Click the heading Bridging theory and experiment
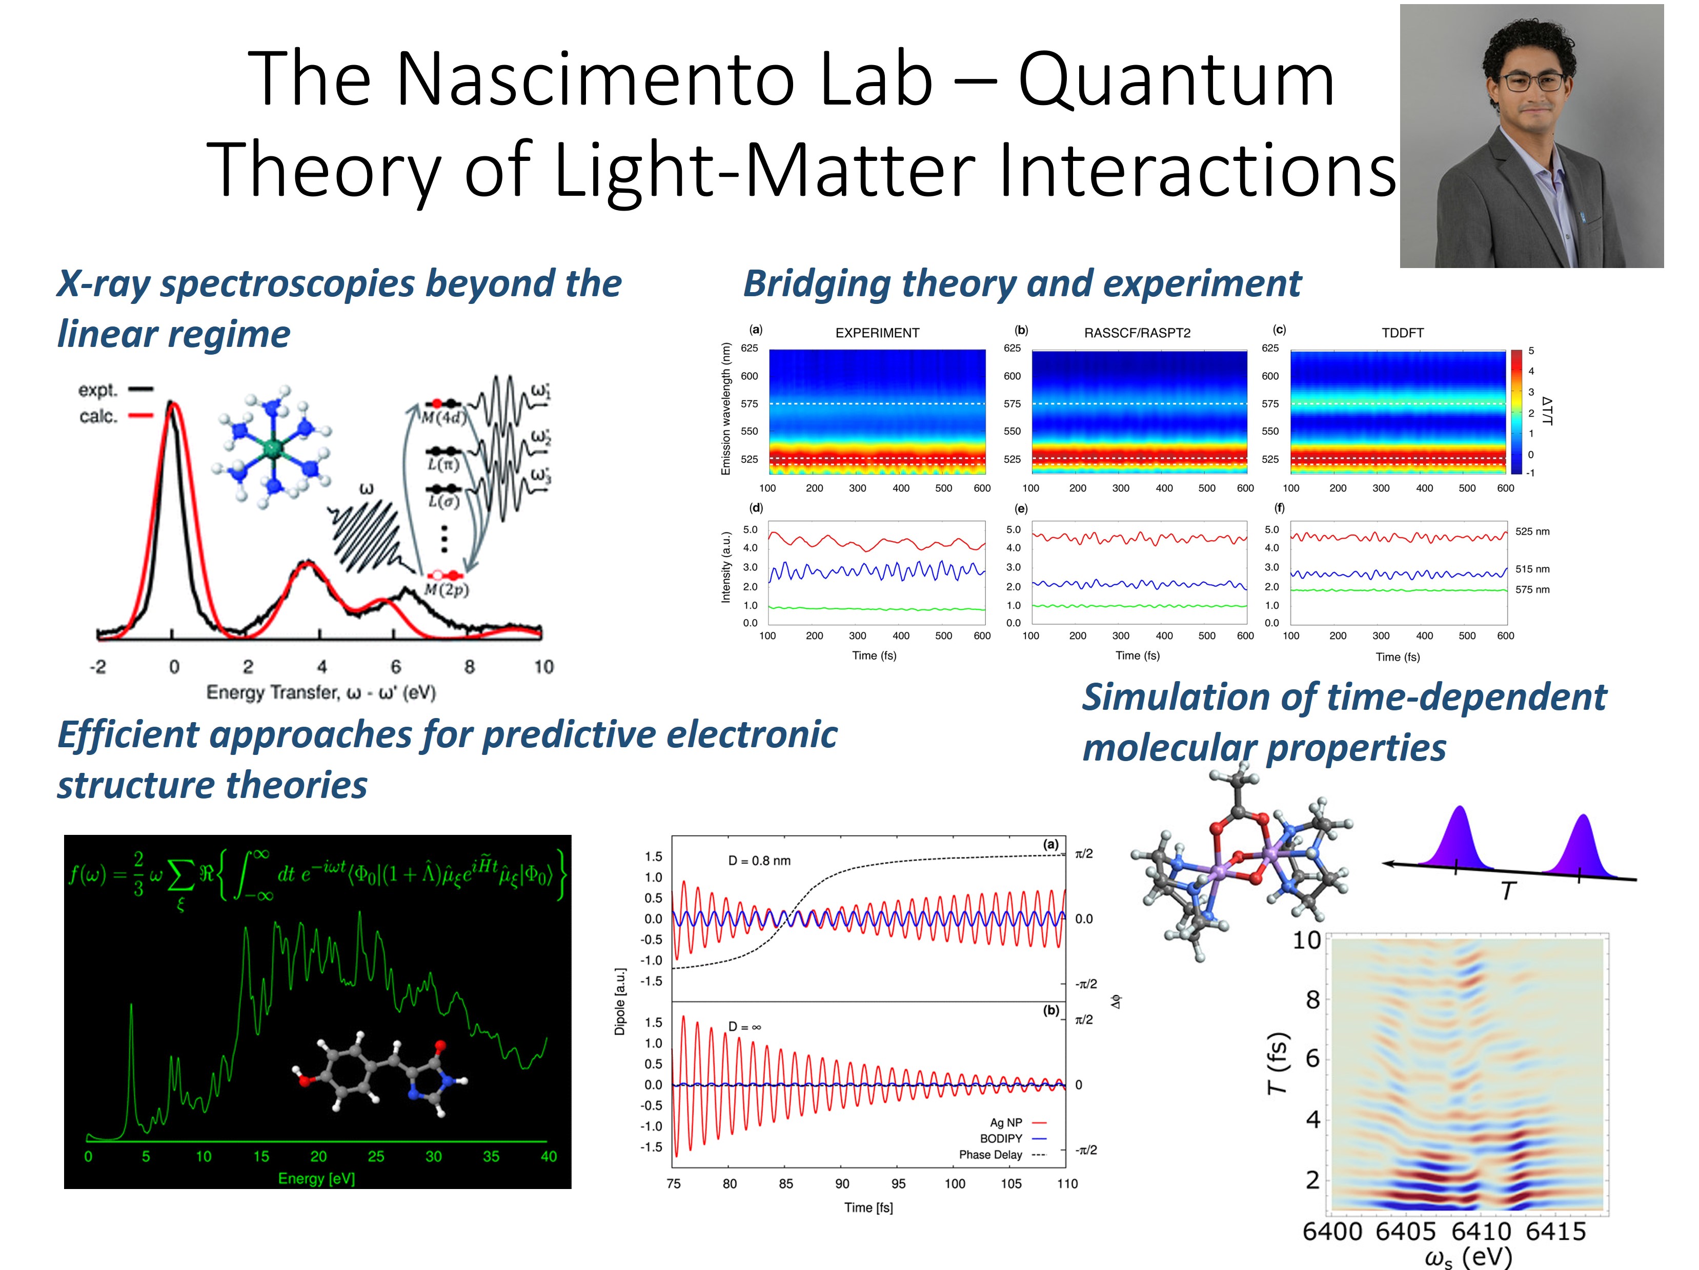pos(1022,283)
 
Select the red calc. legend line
pos(140,416)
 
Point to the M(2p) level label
pos(446,590)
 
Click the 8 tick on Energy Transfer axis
pos(469,666)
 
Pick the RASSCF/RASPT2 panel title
pos(1137,333)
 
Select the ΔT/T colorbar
pos(1516,412)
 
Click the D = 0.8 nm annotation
pos(759,861)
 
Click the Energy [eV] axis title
pos(316,1179)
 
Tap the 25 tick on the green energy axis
pos(376,1156)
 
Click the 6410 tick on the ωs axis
pos(1481,1232)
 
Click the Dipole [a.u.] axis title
pos(620,1001)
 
